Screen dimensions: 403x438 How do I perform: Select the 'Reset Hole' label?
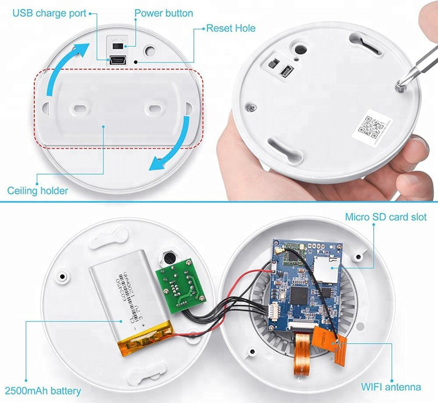coord(230,27)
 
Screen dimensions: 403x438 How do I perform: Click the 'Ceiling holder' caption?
coord(38,190)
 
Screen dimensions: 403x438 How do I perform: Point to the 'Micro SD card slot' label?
coord(385,217)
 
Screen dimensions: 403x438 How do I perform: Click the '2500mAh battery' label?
coord(43,390)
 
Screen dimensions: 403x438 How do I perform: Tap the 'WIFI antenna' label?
coord(390,387)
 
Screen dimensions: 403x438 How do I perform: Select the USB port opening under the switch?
coord(118,61)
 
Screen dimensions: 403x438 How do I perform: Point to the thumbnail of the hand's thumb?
coord(418,146)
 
